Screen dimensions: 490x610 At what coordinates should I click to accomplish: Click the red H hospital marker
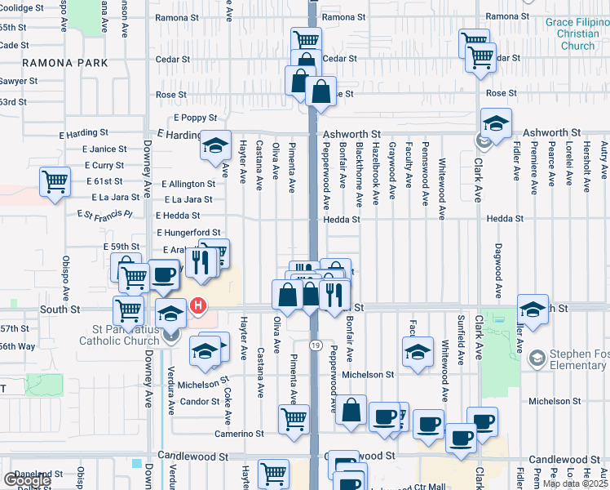point(197,307)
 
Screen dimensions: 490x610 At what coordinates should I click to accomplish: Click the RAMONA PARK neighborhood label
point(65,63)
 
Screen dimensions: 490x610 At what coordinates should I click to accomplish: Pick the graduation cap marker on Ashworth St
point(496,123)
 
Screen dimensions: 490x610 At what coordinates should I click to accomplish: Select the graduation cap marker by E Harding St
point(215,145)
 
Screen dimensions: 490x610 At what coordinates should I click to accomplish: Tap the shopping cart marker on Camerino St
point(294,420)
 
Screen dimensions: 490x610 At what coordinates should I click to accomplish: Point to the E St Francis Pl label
point(104,215)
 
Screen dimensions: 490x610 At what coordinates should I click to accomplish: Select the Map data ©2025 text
point(576,483)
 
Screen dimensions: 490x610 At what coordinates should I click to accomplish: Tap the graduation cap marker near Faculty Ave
point(418,352)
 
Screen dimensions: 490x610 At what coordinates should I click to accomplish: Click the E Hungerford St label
point(189,233)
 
